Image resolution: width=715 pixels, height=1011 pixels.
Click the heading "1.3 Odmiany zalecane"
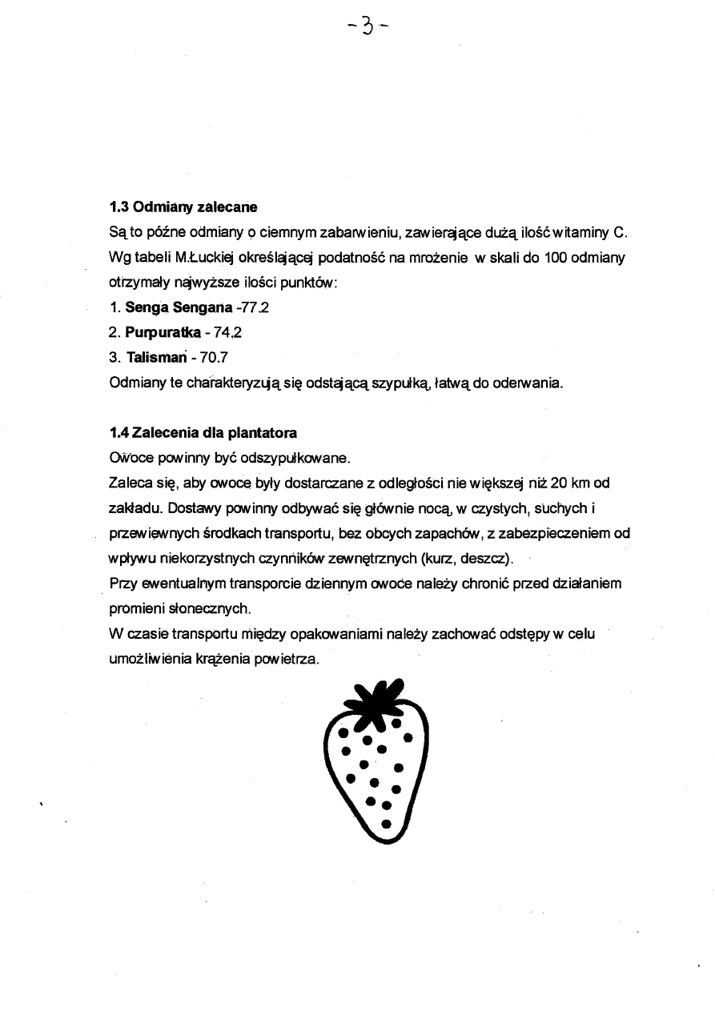point(183,207)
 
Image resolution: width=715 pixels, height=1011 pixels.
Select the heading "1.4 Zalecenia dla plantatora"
point(203,433)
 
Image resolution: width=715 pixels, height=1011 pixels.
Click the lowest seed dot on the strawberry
point(386,822)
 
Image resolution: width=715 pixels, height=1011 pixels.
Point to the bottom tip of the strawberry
point(384,840)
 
